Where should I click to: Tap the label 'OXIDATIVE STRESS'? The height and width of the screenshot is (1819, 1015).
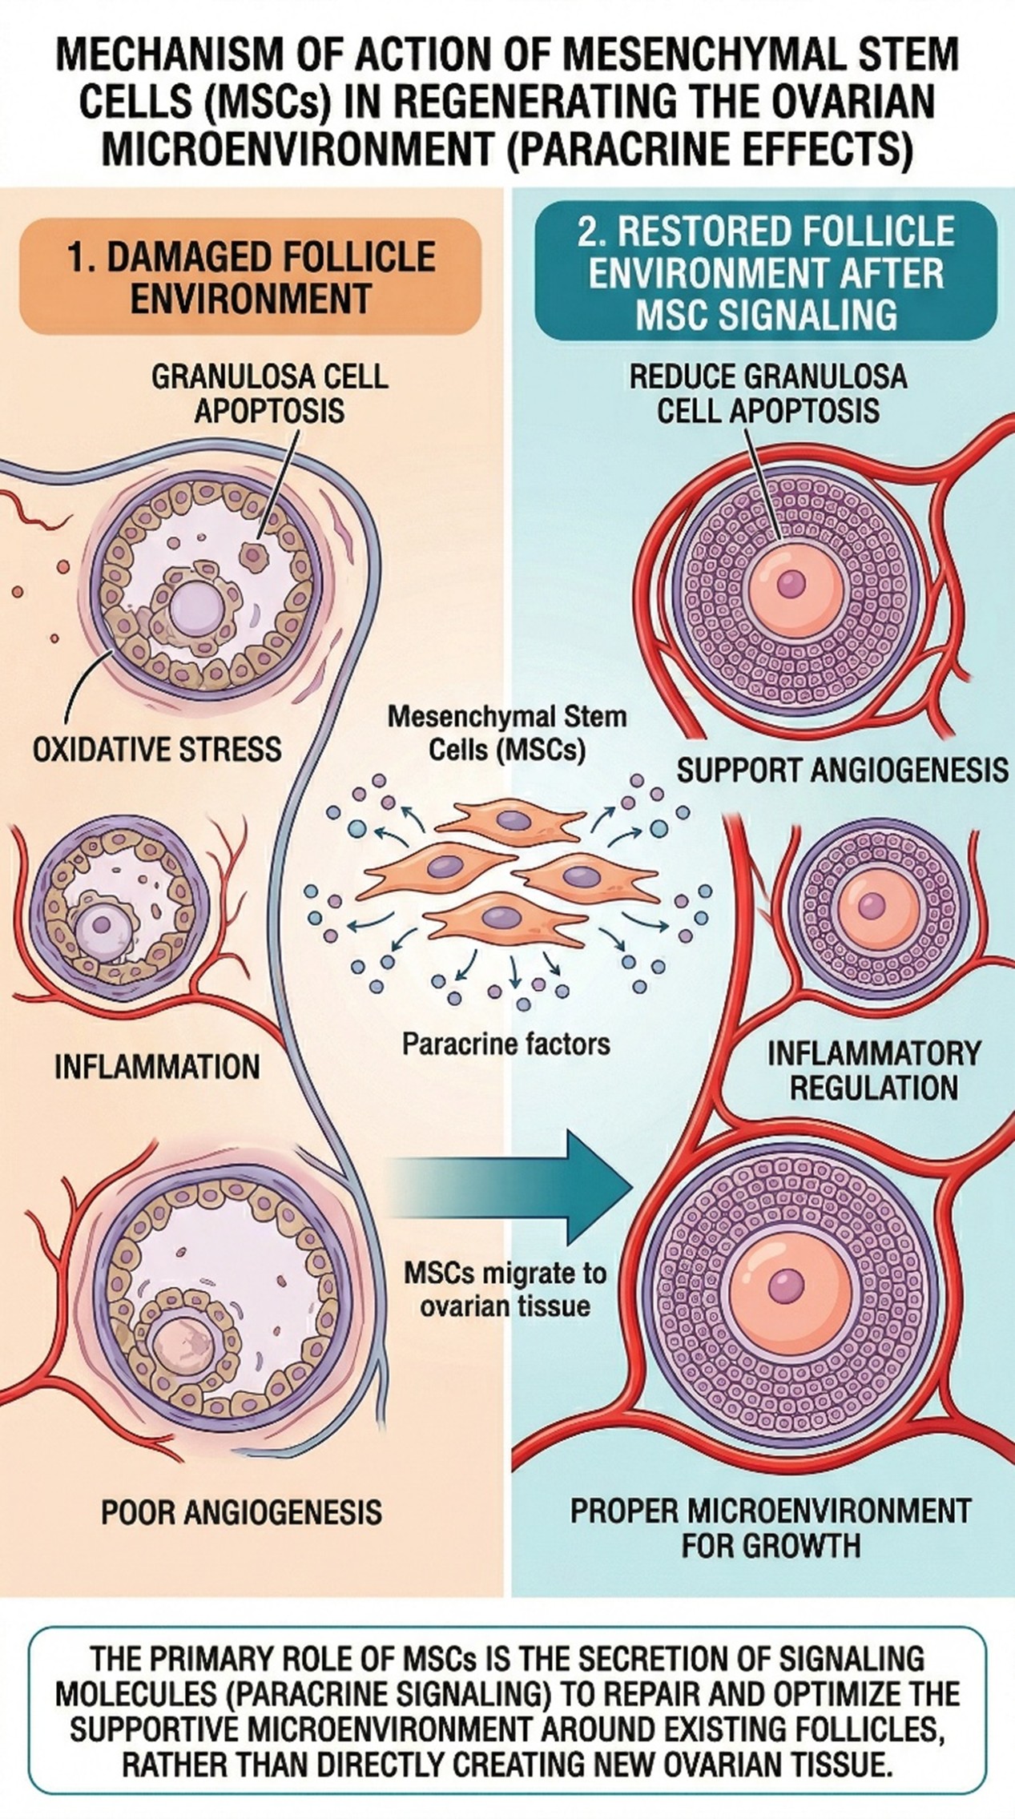(x=157, y=750)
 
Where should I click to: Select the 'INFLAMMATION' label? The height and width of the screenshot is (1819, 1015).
(x=157, y=1067)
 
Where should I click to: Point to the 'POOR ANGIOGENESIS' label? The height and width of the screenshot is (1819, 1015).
(x=241, y=1512)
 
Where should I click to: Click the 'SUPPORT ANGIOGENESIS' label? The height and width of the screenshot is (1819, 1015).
(x=842, y=771)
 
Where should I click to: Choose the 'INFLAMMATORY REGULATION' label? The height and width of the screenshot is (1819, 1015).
(x=873, y=1070)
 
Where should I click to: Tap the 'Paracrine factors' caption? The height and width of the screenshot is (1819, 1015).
(x=506, y=1044)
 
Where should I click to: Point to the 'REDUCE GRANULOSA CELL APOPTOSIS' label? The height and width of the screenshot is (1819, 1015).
(x=767, y=394)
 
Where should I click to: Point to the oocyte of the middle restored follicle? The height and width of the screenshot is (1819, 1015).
(x=872, y=905)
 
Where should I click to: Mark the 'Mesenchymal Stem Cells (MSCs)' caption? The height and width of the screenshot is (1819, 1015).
(x=506, y=733)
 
